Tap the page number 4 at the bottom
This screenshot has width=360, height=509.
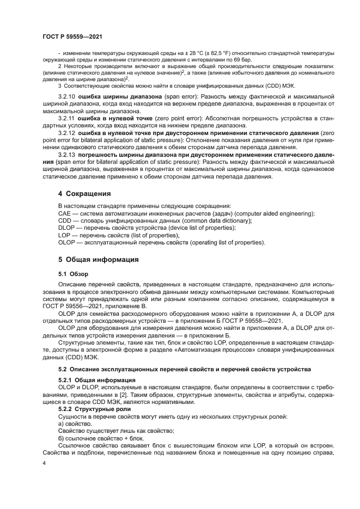point(45,463)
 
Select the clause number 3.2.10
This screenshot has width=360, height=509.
point(66,95)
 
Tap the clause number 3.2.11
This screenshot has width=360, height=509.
point(66,117)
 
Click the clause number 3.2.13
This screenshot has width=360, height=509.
point(66,154)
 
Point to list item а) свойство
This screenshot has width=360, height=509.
point(75,423)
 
